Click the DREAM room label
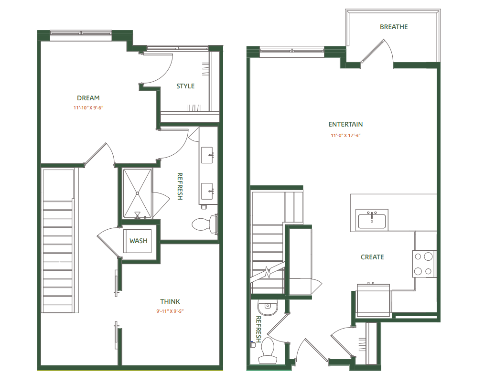point(88,98)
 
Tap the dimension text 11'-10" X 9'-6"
point(88,108)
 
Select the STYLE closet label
point(185,86)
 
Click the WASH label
point(139,241)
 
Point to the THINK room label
point(170,301)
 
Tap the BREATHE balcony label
point(394,27)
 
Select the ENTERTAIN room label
point(345,124)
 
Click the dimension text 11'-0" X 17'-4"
point(345,135)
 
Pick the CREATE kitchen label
point(372,257)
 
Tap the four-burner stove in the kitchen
point(424,264)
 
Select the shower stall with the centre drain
point(138,192)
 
